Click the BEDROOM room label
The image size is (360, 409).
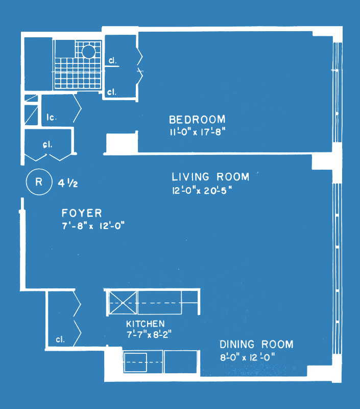[197, 120]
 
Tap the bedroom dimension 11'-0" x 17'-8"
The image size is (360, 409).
[198, 132]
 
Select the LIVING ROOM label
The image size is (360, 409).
[210, 177]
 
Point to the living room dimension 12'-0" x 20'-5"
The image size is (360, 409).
[202, 190]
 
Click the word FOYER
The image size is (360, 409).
[82, 213]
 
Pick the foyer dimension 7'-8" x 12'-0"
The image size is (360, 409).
[93, 225]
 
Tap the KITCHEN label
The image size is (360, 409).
[146, 324]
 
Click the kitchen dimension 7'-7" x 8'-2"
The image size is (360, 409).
[149, 334]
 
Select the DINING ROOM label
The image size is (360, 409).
[256, 344]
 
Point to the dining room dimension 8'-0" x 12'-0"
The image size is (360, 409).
[248, 357]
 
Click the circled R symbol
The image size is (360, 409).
[39, 182]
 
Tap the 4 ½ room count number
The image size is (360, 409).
[68, 184]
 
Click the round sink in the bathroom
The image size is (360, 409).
[88, 52]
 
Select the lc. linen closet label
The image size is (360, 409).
[52, 118]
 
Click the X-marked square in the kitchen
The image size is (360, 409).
[123, 303]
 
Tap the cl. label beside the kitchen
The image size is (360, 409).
[60, 339]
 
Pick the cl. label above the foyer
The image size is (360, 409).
[47, 145]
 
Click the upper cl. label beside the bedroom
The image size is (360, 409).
[112, 60]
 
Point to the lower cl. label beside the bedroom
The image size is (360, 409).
[112, 92]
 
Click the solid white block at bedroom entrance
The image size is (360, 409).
[122, 143]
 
